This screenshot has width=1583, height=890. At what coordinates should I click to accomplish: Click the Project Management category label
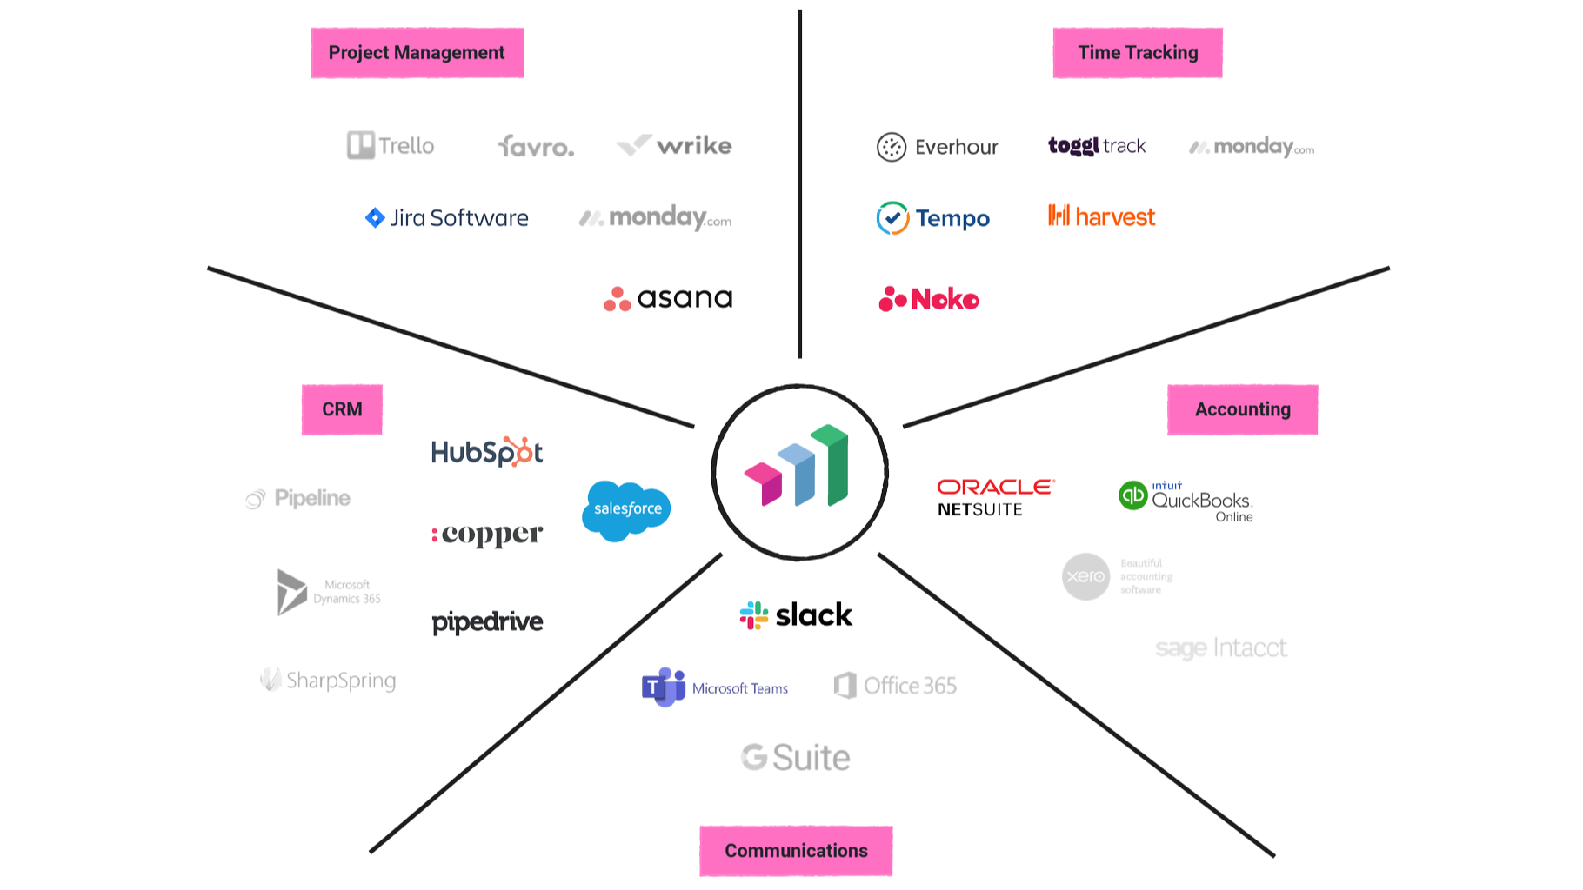click(417, 53)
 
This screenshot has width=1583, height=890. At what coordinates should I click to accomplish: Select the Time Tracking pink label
click(1137, 53)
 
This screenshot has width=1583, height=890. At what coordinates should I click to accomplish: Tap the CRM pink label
click(342, 409)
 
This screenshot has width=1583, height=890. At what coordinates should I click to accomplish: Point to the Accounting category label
click(1242, 409)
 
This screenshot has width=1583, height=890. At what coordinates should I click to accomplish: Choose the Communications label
click(796, 851)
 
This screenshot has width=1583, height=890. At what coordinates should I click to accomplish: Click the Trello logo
click(391, 145)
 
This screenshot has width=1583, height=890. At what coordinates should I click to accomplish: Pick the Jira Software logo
click(446, 217)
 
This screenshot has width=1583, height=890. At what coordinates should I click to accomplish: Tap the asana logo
click(668, 298)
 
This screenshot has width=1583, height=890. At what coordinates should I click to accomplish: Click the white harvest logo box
click(1099, 216)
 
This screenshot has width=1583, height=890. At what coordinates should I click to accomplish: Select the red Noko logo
click(928, 299)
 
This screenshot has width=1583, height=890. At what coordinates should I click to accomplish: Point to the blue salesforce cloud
click(626, 509)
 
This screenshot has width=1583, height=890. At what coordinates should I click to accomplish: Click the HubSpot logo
click(487, 452)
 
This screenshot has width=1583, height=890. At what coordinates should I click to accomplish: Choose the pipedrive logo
click(487, 622)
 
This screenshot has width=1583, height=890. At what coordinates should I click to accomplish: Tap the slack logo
click(796, 615)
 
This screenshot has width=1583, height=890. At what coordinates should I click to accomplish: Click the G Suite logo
click(795, 757)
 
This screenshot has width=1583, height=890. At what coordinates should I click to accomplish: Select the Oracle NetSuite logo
click(995, 497)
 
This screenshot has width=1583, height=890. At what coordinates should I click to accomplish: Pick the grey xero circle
click(1085, 576)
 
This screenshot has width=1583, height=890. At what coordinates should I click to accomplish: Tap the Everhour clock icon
click(892, 147)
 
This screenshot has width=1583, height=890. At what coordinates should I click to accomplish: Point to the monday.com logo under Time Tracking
click(1252, 147)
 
